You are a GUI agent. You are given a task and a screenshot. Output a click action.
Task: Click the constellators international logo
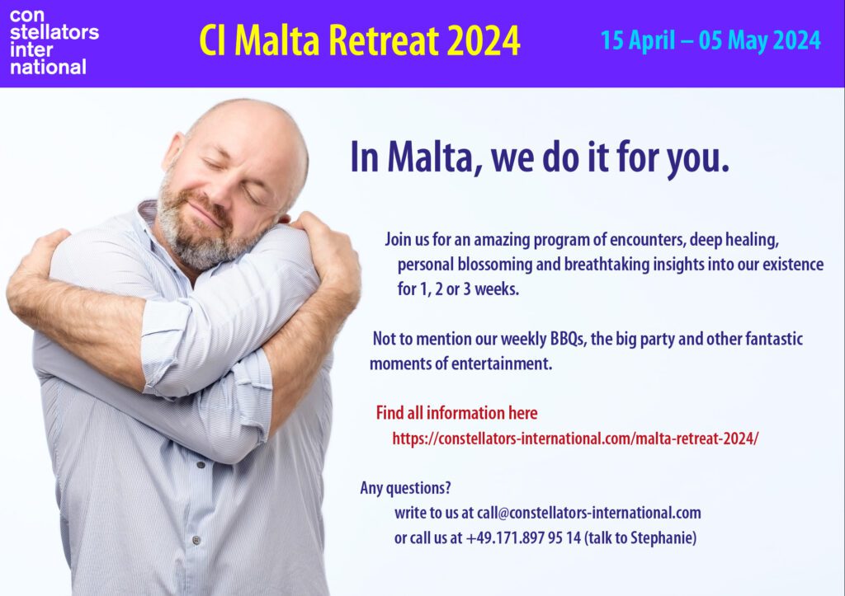tap(54, 41)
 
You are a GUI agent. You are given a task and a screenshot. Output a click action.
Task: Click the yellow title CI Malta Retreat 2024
tap(360, 40)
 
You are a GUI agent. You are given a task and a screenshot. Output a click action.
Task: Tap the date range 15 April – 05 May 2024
tap(710, 40)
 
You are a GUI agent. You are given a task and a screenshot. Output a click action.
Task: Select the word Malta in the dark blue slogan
tap(428, 157)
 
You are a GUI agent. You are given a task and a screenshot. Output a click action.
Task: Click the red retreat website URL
tap(575, 439)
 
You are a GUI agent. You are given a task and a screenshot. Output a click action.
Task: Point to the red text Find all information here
tap(456, 413)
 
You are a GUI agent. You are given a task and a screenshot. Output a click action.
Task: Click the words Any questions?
tap(405, 488)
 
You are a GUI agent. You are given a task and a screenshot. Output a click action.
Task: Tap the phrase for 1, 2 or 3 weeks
tap(458, 289)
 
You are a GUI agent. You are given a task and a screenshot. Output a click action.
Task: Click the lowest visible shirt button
tap(196, 539)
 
